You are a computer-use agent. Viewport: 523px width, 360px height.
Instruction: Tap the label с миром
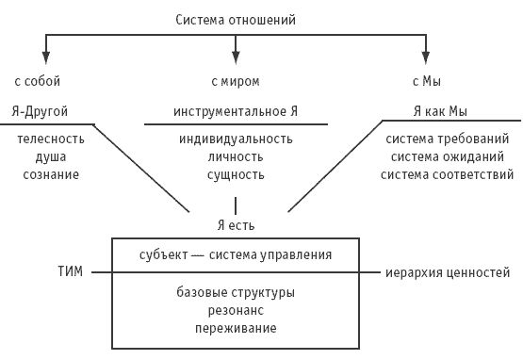pos(236,81)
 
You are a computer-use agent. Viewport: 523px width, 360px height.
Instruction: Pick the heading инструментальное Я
pos(236,110)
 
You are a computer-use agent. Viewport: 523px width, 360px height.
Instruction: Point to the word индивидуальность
pos(236,139)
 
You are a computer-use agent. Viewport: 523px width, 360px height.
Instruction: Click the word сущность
pos(236,174)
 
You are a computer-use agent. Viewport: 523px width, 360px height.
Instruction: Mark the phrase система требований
pos(449,139)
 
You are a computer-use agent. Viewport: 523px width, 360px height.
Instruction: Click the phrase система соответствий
pos(449,174)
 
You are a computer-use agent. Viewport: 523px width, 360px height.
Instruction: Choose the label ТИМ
pos(71,273)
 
